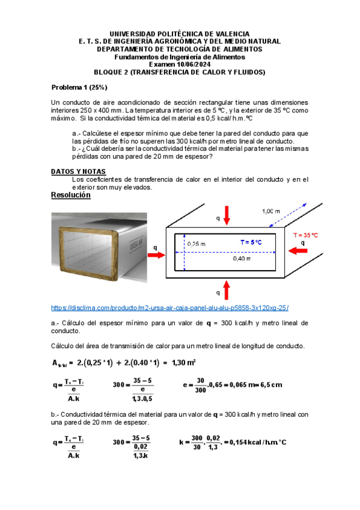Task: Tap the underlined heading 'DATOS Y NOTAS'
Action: (x=78, y=171)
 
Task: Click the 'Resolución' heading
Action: (x=71, y=195)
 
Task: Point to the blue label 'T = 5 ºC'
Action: (x=251, y=242)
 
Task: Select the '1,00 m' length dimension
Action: (x=271, y=211)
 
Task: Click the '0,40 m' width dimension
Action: (x=242, y=259)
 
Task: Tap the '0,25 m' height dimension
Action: (x=195, y=244)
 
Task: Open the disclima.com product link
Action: (x=170, y=308)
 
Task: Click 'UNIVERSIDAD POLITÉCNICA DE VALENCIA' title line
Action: (x=180, y=34)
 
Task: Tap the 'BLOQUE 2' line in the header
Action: (x=180, y=72)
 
